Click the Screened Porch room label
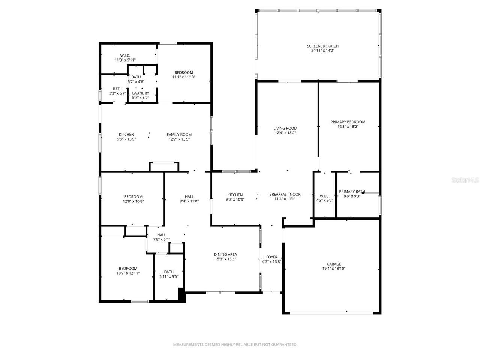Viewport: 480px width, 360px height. (322, 46)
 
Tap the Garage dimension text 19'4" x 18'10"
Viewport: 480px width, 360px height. (334, 268)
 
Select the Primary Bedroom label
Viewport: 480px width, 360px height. (348, 122)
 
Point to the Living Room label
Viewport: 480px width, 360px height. (285, 128)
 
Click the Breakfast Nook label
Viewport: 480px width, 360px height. (285, 194)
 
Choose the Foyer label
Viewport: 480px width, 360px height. (271, 257)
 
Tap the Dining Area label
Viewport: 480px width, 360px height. (225, 254)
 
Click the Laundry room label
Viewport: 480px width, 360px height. (140, 93)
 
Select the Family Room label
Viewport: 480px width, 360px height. (179, 135)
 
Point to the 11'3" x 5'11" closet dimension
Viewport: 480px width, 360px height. (125, 60)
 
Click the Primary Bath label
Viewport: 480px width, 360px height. (352, 192)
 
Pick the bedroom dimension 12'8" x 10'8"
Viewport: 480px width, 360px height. (133, 201)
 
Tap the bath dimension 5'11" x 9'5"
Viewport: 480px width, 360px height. (169, 276)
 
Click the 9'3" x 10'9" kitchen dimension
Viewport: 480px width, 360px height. (235, 199)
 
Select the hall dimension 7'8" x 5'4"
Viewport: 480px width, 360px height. (161, 239)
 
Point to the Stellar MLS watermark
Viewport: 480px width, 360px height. (465, 180)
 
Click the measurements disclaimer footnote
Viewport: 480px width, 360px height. (235, 345)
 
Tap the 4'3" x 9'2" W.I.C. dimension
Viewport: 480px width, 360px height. (324, 200)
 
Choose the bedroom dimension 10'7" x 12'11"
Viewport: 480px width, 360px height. (128, 273)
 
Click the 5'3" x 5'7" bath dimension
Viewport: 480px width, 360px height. (117, 93)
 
